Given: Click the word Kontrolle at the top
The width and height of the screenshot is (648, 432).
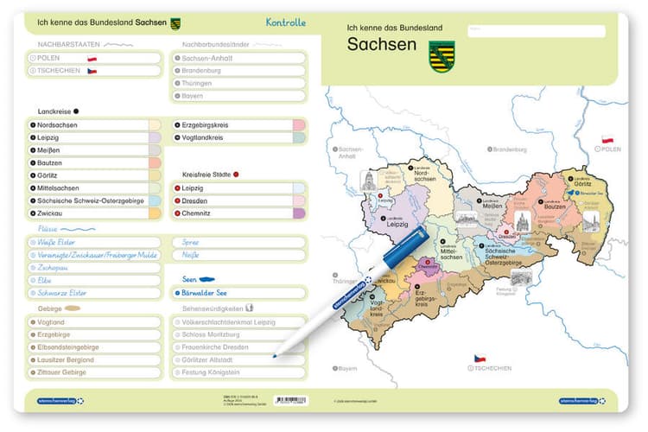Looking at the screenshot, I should [286, 23].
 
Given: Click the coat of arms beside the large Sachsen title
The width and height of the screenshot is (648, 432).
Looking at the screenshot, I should [442, 55].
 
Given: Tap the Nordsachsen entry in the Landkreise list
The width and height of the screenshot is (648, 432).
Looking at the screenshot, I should [57, 125].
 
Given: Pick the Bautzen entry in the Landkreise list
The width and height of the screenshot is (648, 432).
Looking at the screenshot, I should [50, 162].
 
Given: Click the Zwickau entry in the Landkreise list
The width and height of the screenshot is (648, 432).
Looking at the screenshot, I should [50, 213].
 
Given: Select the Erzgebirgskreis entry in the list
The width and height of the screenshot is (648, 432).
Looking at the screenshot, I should [211, 125].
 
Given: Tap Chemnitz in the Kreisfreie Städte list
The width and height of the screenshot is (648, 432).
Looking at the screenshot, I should [198, 213].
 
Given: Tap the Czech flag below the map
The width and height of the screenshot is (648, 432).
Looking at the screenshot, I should [479, 358].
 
